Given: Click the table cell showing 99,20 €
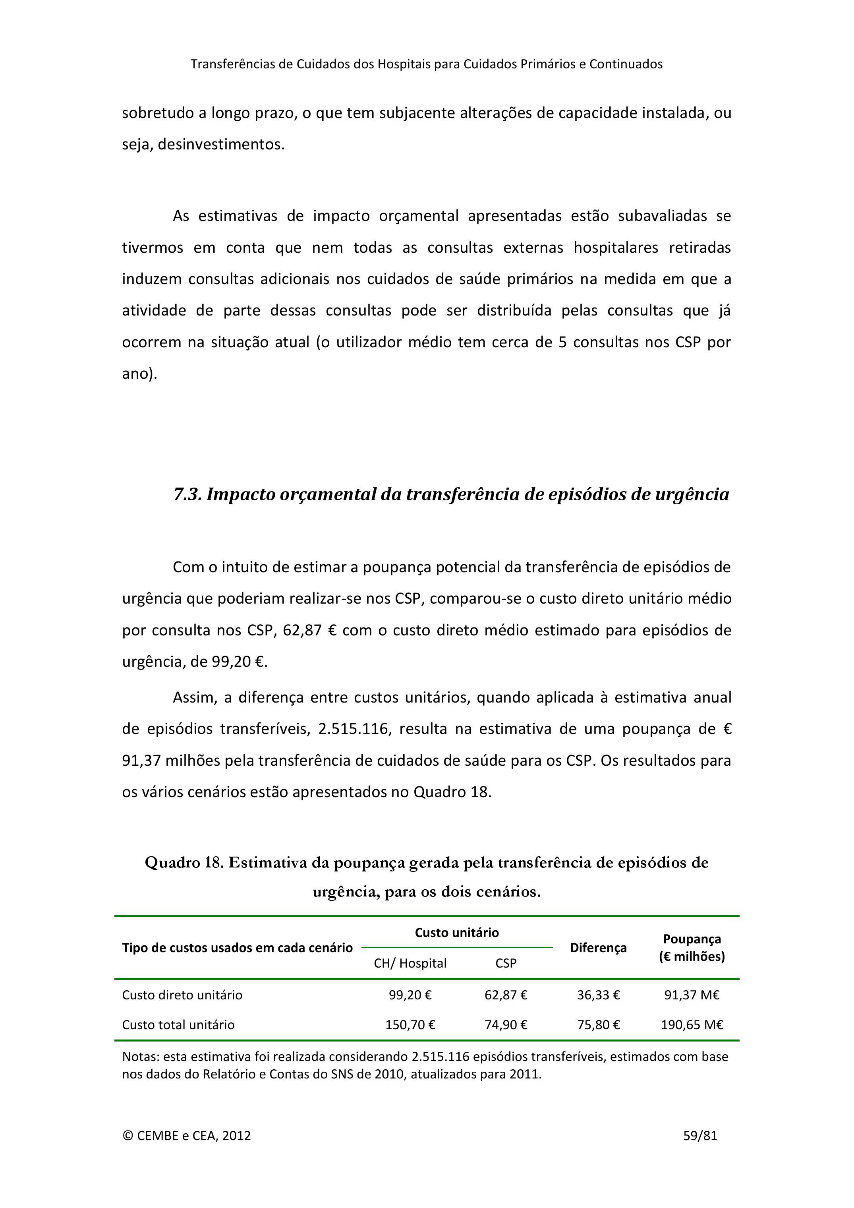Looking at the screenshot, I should (410, 995).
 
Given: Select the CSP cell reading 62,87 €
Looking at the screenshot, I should (506, 995).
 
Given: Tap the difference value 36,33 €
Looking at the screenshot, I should (599, 995).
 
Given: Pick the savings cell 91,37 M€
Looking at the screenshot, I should (692, 995).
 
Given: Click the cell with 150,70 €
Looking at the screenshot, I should (410, 1024).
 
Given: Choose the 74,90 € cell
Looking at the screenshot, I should (506, 1024).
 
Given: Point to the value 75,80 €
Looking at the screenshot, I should (599, 1024).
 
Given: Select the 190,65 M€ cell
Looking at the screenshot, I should (692, 1024).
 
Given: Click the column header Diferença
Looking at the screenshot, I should (599, 948).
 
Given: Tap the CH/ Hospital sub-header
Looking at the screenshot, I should (410, 963).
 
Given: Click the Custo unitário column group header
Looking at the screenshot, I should (456, 932).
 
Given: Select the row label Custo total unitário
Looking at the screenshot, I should (178, 1024).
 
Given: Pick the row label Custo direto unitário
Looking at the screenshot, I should (182, 995).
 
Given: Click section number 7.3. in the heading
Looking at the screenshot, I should (188, 495).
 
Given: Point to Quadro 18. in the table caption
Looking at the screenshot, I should (184, 862).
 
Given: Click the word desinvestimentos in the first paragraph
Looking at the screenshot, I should (221, 144).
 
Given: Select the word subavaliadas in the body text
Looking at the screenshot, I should (662, 216).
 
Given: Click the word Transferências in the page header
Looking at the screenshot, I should (232, 64).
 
